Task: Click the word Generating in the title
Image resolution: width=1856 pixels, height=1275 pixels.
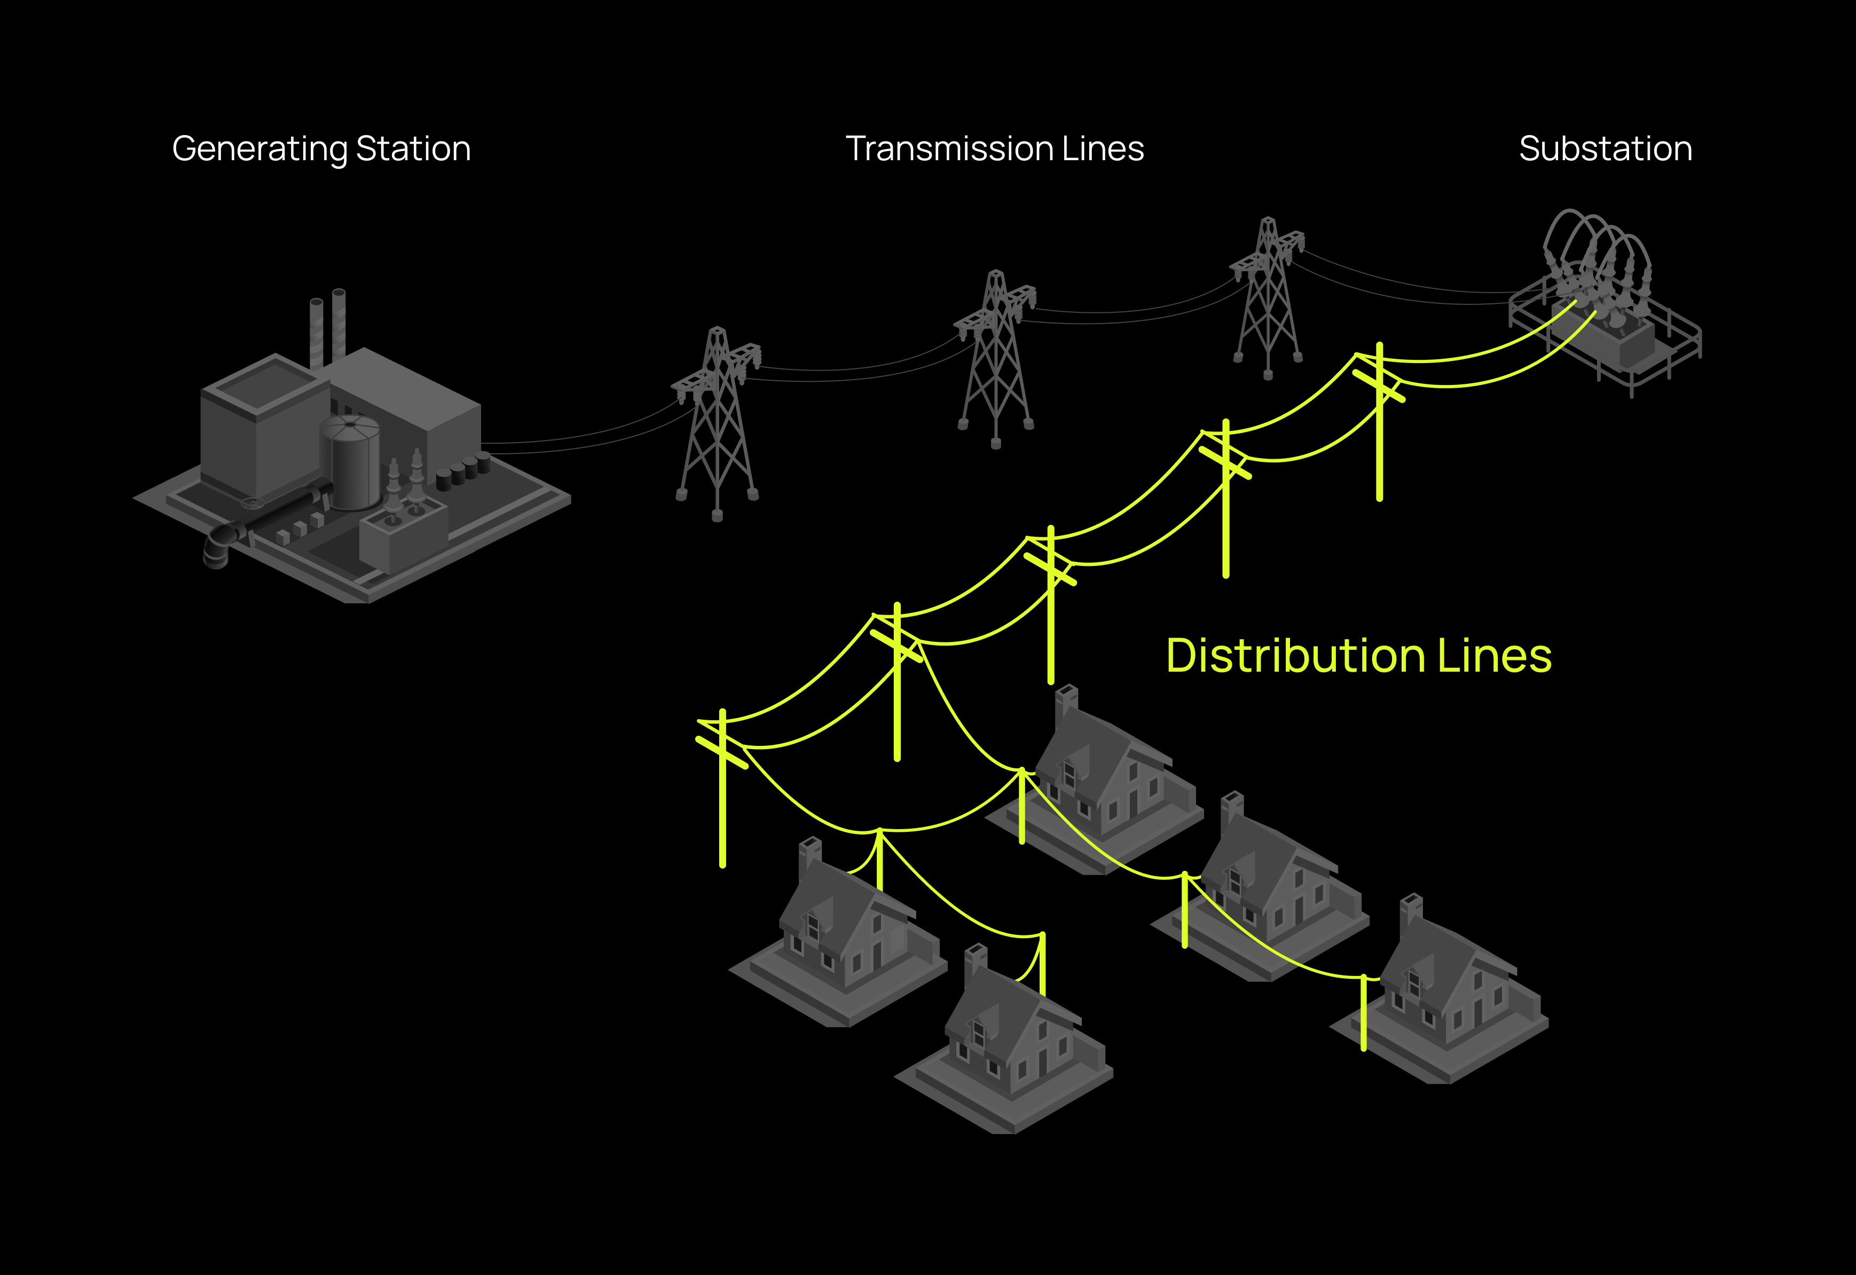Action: tap(259, 149)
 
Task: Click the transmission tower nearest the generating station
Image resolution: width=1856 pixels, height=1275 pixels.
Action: tap(717, 423)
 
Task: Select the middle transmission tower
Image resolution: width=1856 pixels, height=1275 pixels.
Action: tap(995, 359)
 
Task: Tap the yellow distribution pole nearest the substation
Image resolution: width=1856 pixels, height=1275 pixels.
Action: tap(1380, 421)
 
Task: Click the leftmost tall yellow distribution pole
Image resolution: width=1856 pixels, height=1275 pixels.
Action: tap(722, 788)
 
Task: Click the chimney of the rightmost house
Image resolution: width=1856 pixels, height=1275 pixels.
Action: tap(1412, 911)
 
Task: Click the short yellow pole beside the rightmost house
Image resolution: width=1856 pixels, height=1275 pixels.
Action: tap(1364, 1013)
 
